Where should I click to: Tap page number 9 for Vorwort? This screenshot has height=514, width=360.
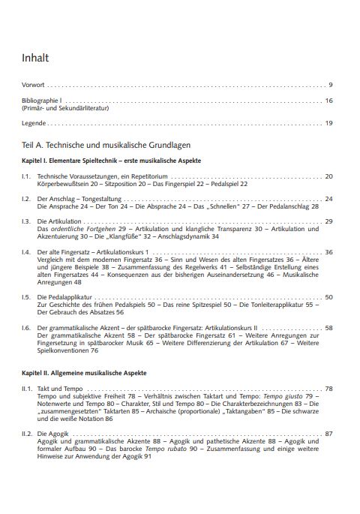point(330,85)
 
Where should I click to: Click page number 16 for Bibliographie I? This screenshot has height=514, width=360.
point(328,101)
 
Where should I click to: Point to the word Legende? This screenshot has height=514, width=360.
point(34,123)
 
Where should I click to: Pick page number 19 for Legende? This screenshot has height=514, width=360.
point(328,123)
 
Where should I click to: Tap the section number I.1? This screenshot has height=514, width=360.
point(25,176)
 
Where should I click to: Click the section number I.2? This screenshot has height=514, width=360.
point(25,199)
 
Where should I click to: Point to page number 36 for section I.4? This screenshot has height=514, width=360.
point(328,252)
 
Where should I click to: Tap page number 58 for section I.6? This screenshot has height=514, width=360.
point(328,328)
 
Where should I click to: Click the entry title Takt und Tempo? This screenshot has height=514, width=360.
point(60,389)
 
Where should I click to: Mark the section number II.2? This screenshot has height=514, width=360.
point(27,434)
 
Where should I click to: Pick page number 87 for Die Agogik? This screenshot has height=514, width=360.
point(328,434)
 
